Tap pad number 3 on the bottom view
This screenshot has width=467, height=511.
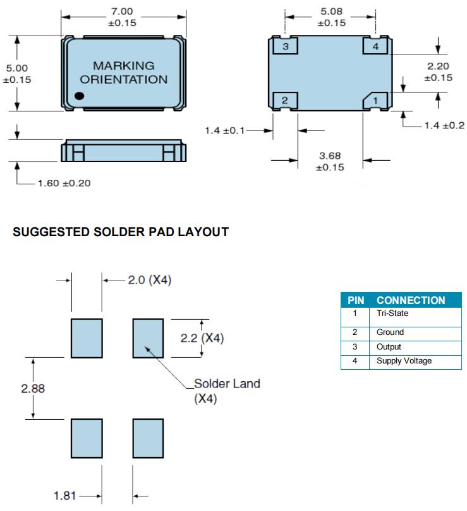[x=286, y=47]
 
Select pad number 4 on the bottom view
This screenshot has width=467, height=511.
[x=375, y=47]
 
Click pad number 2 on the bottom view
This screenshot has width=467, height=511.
[x=285, y=100]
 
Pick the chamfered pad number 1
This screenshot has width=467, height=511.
[x=375, y=100]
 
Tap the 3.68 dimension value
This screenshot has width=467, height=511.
[x=330, y=156]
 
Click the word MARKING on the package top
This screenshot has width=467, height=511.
[x=123, y=66]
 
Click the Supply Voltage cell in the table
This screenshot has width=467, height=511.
[x=404, y=361]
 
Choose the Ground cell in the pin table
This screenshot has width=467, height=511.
[x=390, y=332]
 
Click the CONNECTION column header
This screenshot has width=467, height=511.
[x=411, y=300]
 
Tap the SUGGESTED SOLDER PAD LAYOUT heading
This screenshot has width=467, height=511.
[x=121, y=232]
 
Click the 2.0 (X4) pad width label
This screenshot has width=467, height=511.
[x=150, y=279]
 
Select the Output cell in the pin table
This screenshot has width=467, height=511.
[x=389, y=346]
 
